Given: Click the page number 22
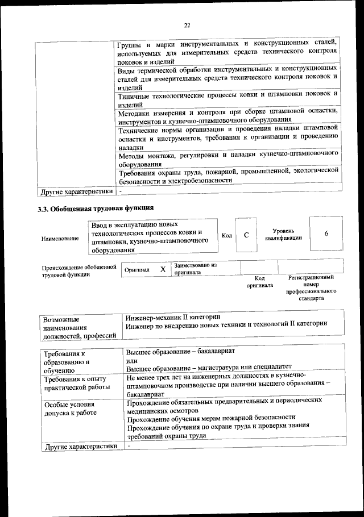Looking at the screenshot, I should (x=186, y=24).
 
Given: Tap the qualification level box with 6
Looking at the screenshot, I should (x=326, y=234).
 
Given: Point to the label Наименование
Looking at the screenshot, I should (x=60, y=239).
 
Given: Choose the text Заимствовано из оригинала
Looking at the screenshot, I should (x=196, y=268).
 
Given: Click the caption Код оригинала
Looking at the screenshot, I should (x=259, y=281).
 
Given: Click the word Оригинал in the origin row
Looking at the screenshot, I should (x=137, y=270).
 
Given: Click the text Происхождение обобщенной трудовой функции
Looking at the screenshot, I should (x=78, y=270).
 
